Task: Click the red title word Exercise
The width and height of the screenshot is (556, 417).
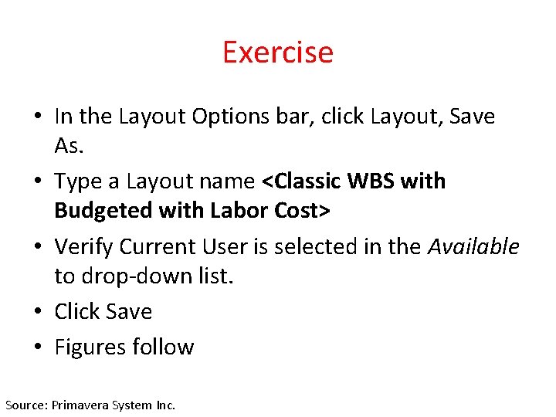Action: [x=277, y=53]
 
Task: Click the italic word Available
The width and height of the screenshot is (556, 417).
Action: [x=473, y=247]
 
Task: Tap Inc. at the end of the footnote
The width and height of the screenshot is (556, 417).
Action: [x=164, y=405]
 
